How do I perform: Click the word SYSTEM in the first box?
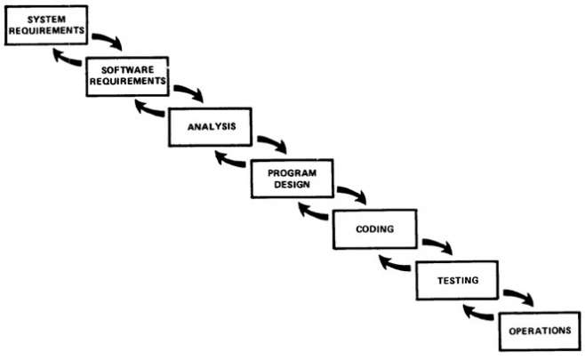tap(46, 19)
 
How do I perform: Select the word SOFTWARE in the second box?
tap(128, 69)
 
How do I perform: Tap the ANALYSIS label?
tap(212, 127)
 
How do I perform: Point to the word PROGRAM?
tap(292, 173)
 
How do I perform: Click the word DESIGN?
tap(292, 184)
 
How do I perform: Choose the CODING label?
tap(375, 228)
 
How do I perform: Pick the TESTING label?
tap(458, 280)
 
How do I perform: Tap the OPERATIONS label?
tap(540, 331)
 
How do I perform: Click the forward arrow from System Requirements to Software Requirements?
tap(108, 39)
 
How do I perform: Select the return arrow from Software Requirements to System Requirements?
tap(67, 59)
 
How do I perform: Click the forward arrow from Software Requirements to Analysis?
tap(189, 91)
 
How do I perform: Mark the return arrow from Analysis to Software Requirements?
tap(148, 109)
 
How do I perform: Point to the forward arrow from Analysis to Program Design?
tap(273, 142)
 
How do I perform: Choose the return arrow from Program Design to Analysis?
tap(229, 161)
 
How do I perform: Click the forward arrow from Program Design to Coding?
tap(352, 193)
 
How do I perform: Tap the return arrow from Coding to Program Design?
tap(312, 212)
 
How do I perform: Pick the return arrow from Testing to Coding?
tap(394, 264)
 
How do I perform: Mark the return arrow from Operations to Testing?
tap(477, 314)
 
